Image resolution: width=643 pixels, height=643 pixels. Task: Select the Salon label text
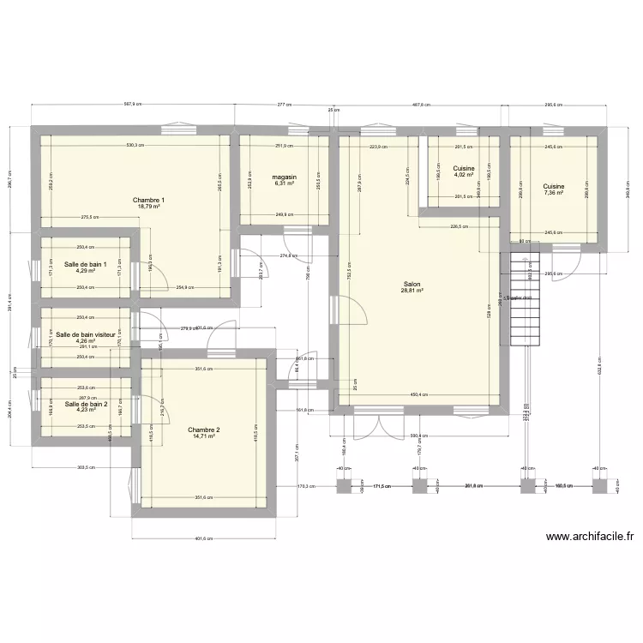point(412,283)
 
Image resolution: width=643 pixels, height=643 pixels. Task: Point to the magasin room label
point(285,176)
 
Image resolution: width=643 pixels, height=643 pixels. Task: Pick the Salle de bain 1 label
point(85,264)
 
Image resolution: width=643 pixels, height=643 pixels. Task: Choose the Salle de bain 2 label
point(85,404)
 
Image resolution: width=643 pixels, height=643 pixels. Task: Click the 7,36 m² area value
point(553,193)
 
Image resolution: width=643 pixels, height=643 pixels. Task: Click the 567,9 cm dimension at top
point(133,105)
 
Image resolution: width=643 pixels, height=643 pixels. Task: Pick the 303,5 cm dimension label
point(85,468)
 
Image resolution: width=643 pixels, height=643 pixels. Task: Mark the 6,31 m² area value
point(285,183)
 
